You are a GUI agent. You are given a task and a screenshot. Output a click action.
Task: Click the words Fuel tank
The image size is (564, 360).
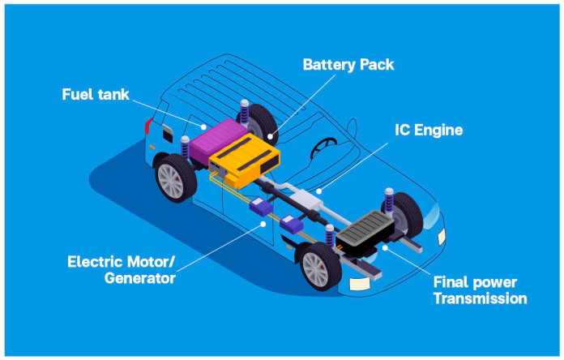click(x=96, y=94)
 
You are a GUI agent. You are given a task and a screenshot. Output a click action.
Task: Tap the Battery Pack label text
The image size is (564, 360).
click(x=348, y=63)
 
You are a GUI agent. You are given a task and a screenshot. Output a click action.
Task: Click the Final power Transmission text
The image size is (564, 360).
click(x=480, y=290)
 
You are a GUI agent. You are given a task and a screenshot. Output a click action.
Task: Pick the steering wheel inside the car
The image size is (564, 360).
click(x=325, y=147)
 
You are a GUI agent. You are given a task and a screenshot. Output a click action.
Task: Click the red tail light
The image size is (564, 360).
click(x=147, y=126)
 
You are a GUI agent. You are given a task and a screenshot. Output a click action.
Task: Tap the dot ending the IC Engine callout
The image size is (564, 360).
click(x=319, y=193)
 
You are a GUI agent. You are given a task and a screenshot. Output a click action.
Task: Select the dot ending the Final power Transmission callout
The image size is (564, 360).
click(x=384, y=247)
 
